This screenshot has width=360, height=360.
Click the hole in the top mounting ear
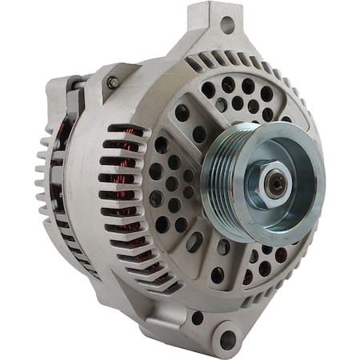(x=226, y=25)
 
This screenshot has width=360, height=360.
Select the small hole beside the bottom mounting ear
(x=197, y=318)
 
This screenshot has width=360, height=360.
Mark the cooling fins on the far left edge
(x=45, y=176)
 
